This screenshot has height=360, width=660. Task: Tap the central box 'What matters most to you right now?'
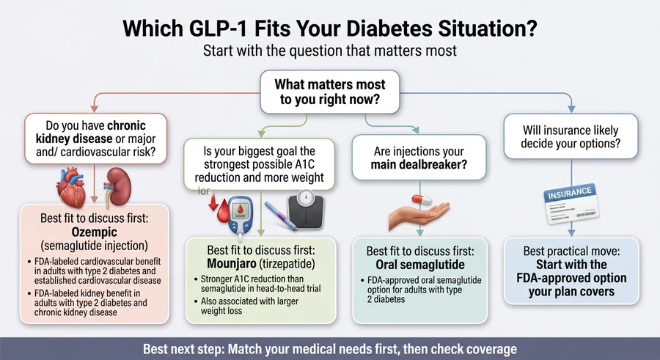[x=329, y=93]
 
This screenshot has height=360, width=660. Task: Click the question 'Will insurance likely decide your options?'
[x=570, y=136]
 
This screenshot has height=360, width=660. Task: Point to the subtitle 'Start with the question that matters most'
[x=329, y=52]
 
